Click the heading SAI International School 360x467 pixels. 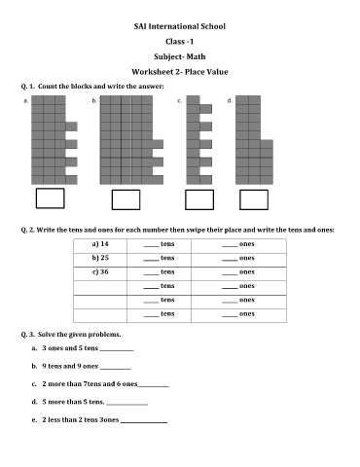[x=180, y=26]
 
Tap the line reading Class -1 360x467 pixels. [x=180, y=42]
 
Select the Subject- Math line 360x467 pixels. [x=180, y=56]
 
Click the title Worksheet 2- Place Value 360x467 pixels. [x=180, y=72]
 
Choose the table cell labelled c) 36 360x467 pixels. [x=100, y=272]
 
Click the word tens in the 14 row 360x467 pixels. [x=167, y=244]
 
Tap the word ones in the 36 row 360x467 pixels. [x=247, y=272]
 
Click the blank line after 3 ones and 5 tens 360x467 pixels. [x=117, y=350]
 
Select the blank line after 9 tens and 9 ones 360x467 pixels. [x=116, y=369]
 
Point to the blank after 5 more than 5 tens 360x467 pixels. [x=126, y=405]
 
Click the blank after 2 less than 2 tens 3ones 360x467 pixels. [x=144, y=422]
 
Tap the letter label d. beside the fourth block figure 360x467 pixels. [x=230, y=100]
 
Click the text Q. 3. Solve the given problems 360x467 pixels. [x=71, y=335]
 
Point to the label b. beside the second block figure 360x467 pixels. [x=94, y=100]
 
